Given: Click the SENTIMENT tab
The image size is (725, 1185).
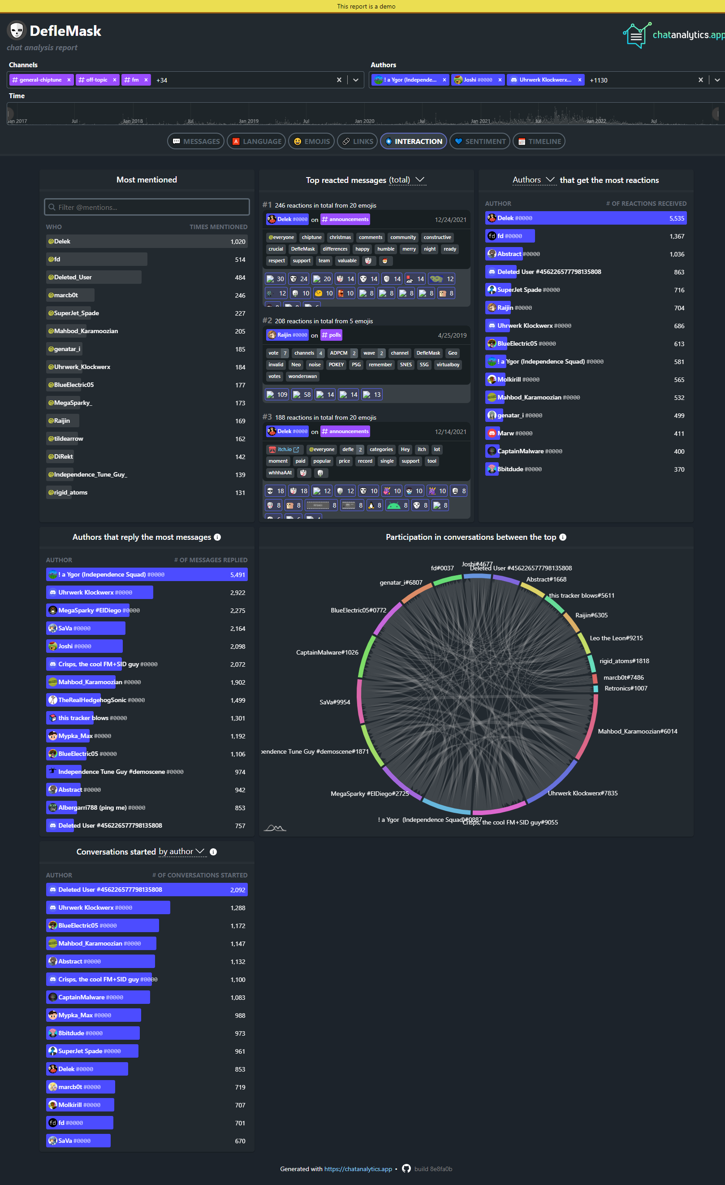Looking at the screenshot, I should pyautogui.click(x=479, y=141).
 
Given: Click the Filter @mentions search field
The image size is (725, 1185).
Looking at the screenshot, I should pyautogui.click(x=147, y=207).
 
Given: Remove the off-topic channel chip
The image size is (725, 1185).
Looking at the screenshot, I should pyautogui.click(x=115, y=80).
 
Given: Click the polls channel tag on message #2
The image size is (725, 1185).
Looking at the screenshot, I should pyautogui.click(x=331, y=335).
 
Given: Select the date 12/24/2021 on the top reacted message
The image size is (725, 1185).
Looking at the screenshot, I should pyautogui.click(x=450, y=220).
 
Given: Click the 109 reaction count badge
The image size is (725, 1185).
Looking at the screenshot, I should pyautogui.click(x=277, y=395).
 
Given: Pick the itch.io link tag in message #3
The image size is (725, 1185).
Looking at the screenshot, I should pyautogui.click(x=285, y=450).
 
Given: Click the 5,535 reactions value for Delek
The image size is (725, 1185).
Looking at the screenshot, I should pyautogui.click(x=677, y=218).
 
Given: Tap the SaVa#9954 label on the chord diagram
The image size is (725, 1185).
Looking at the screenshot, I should pyautogui.click(x=335, y=702).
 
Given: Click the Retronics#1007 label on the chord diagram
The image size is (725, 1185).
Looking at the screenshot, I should pyautogui.click(x=626, y=688).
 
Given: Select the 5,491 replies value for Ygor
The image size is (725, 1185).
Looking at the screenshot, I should pyautogui.click(x=237, y=575).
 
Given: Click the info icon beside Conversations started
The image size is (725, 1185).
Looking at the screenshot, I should pyautogui.click(x=213, y=852).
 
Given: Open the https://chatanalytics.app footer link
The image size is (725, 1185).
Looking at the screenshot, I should pyautogui.click(x=358, y=1169).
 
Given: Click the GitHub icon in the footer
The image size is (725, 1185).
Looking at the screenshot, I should pyautogui.click(x=406, y=1169).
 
